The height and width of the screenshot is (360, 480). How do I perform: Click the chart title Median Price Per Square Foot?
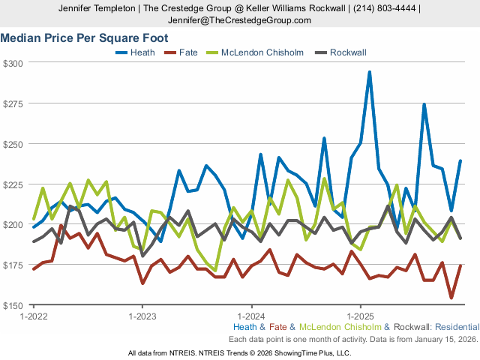[x=83, y=37]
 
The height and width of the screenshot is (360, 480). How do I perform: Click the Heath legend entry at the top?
[x=142, y=52]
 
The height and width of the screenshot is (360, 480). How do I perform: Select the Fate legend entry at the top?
[x=187, y=52]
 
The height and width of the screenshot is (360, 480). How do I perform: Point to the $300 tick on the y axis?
[x=14, y=63]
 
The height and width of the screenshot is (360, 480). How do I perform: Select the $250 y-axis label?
[x=14, y=144]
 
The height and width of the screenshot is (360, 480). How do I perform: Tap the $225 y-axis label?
[x=14, y=184]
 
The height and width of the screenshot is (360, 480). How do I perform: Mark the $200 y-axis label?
[x=14, y=225]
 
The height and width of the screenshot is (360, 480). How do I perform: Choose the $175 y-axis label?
[x=14, y=265]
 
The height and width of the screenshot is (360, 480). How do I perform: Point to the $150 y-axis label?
[x=14, y=306]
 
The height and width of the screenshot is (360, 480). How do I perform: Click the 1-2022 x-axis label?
[x=34, y=316]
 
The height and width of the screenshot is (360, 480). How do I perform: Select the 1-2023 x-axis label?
[x=142, y=316]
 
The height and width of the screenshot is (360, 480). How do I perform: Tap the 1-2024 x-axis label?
[x=251, y=316]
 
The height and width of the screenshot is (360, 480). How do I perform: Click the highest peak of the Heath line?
[x=370, y=73]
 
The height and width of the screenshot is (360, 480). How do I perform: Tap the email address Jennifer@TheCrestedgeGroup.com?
[x=239, y=20]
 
